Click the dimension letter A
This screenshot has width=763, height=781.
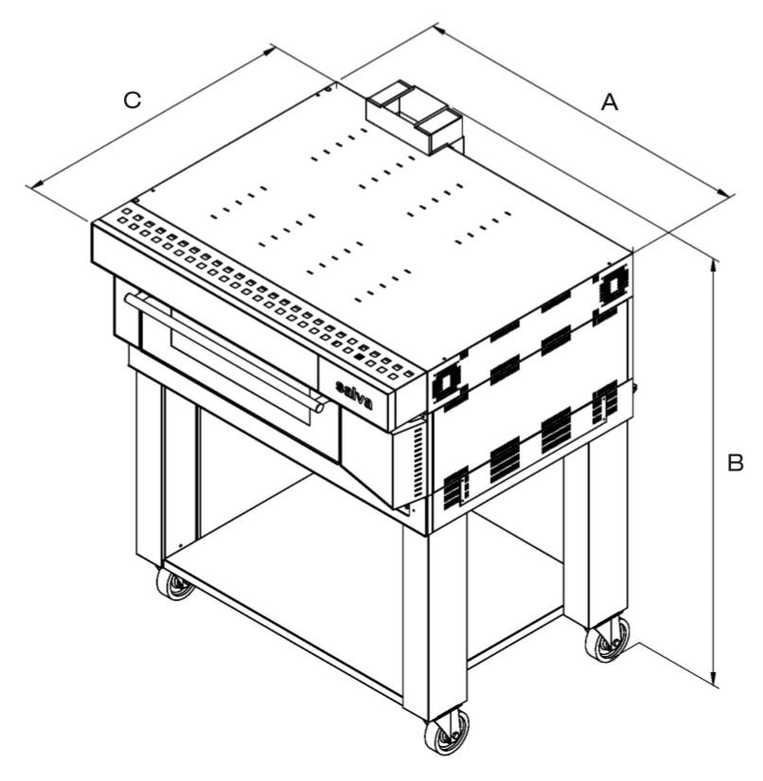[610, 102]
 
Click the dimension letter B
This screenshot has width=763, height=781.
[736, 463]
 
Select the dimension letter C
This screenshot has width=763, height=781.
[133, 100]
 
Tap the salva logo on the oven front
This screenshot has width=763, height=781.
[354, 394]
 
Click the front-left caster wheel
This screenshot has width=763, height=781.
[175, 584]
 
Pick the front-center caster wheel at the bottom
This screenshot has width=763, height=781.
[447, 732]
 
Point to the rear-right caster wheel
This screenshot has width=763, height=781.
[608, 639]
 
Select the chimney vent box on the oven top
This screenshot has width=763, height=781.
[415, 116]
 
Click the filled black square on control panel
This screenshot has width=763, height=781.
[359, 356]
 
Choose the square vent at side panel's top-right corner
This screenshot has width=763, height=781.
[612, 284]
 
